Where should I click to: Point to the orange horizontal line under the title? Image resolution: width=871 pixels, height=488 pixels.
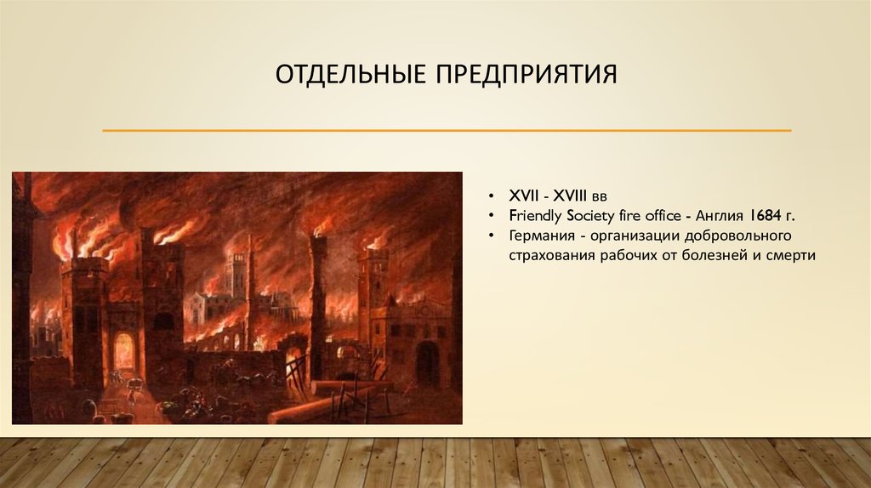(x=447, y=131)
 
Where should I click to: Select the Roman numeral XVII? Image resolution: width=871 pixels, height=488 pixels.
(x=523, y=197)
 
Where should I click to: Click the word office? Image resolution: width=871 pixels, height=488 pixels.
(x=659, y=216)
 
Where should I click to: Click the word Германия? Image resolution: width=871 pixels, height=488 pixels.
(x=540, y=235)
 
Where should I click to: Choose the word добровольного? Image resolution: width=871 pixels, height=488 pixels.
(x=737, y=235)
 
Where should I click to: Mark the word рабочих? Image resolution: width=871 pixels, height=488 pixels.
(x=621, y=253)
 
